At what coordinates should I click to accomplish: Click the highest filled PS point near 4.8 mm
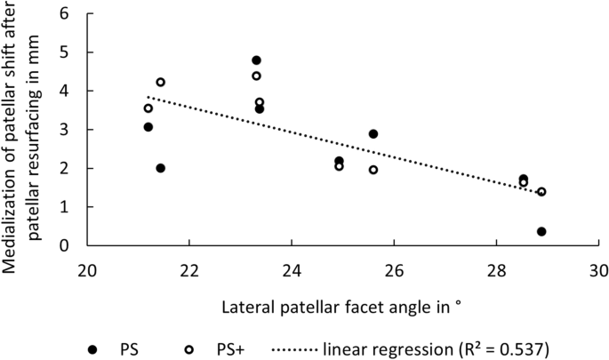[x=256, y=60]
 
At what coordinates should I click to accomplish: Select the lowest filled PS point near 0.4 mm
[x=541, y=231]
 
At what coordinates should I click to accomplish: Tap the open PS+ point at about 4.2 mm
[x=161, y=83]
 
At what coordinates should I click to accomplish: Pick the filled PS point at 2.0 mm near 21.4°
[x=161, y=168]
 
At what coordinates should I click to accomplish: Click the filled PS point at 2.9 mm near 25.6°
[x=373, y=134]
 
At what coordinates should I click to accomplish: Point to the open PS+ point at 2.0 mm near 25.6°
[x=373, y=170]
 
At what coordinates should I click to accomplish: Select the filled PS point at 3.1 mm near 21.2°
[x=148, y=127]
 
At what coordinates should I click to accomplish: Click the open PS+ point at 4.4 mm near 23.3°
[x=256, y=76]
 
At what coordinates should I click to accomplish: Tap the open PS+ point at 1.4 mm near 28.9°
[x=541, y=192]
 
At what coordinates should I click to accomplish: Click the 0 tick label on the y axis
[x=66, y=245]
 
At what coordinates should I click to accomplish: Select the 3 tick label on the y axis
[x=66, y=130]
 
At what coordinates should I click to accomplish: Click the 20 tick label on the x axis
[x=86, y=267]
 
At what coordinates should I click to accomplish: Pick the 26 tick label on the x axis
[x=394, y=267]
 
